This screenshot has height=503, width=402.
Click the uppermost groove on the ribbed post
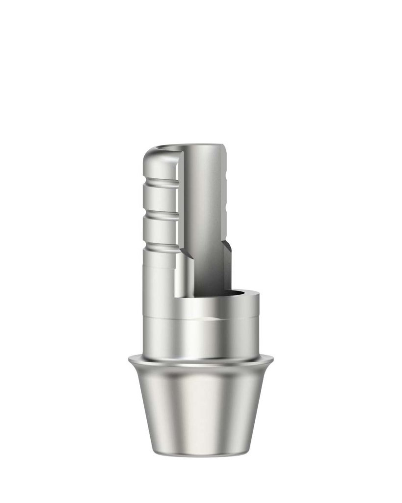click(160, 183)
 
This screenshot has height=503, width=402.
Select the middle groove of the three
click(160, 215)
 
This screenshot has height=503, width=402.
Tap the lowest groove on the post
click(160, 247)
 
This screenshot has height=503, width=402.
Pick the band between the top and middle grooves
click(160, 199)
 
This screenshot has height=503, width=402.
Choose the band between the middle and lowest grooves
click(160, 231)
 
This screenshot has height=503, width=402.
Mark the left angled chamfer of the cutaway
click(186, 253)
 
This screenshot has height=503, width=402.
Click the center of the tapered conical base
click(201, 408)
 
